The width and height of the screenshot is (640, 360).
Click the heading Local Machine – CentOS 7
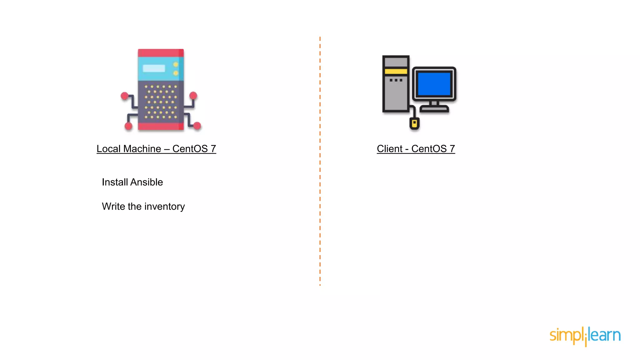point(156,149)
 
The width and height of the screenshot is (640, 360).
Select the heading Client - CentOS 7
point(416,149)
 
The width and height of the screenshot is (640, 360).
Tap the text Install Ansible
point(132,182)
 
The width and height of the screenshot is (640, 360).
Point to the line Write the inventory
point(143,207)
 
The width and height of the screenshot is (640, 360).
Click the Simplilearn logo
point(585,336)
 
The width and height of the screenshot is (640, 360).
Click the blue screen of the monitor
point(434,84)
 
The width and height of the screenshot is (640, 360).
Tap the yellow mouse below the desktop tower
point(414,123)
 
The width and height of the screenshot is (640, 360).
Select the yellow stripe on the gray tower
point(396,72)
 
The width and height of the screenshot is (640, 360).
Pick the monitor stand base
point(434,109)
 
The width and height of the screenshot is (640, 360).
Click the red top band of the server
point(161,53)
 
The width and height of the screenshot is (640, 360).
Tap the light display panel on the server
point(154,68)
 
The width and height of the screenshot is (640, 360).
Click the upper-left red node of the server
point(125,96)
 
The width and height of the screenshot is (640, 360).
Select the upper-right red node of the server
point(193,95)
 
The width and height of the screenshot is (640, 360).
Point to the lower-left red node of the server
point(128,126)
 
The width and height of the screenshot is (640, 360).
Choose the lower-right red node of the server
point(197,126)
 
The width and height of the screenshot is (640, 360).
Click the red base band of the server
point(161,126)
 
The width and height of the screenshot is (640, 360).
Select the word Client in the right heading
point(390,149)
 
